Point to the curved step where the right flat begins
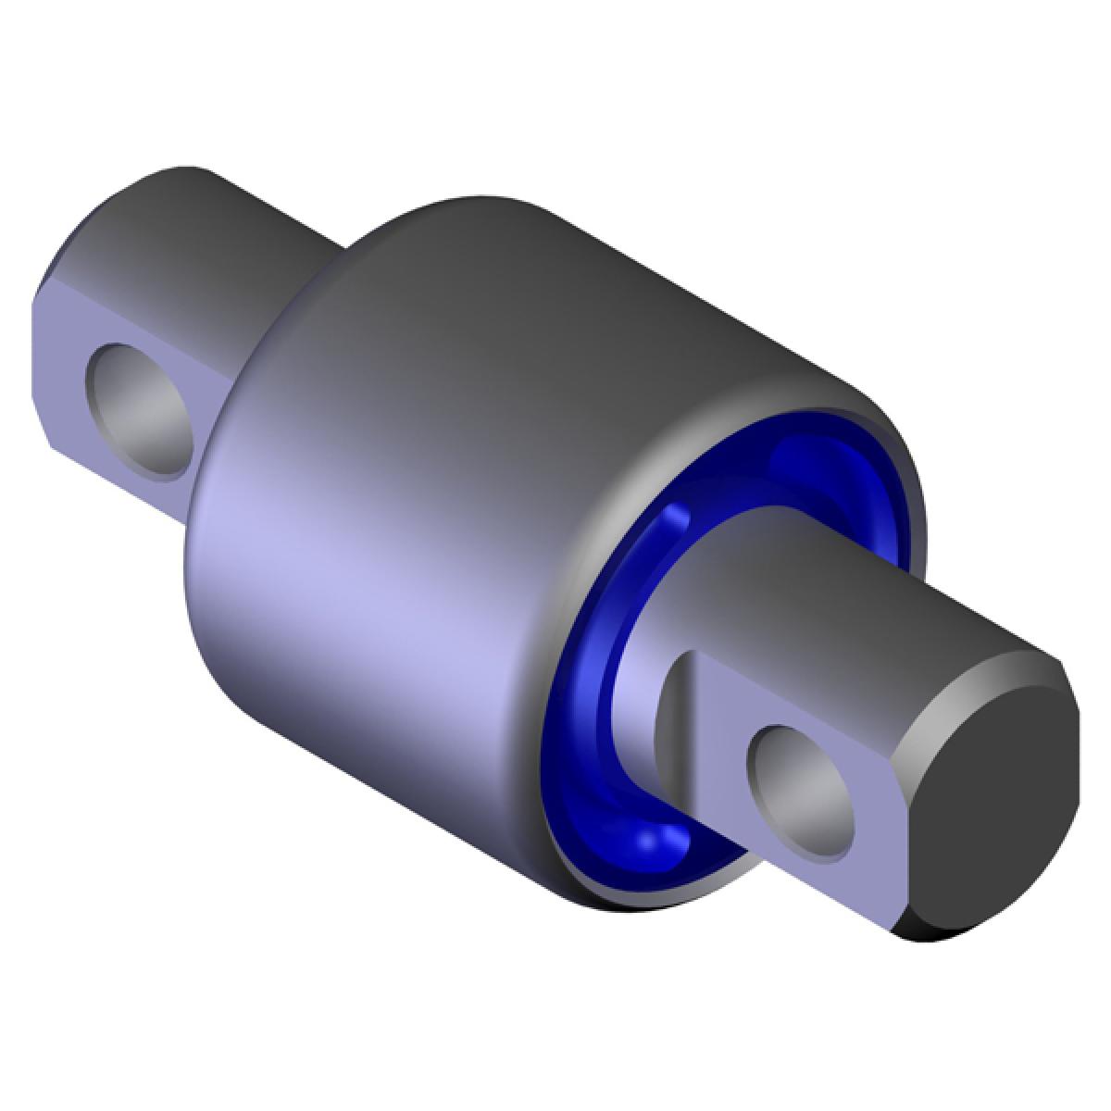point(671,704)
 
